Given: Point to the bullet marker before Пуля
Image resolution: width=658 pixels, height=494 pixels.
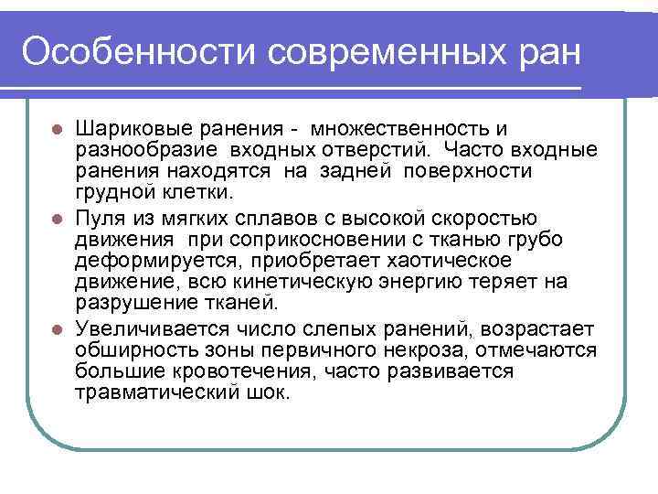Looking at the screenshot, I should (x=57, y=218).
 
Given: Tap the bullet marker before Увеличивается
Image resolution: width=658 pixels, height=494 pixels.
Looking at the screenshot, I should (x=57, y=328).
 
